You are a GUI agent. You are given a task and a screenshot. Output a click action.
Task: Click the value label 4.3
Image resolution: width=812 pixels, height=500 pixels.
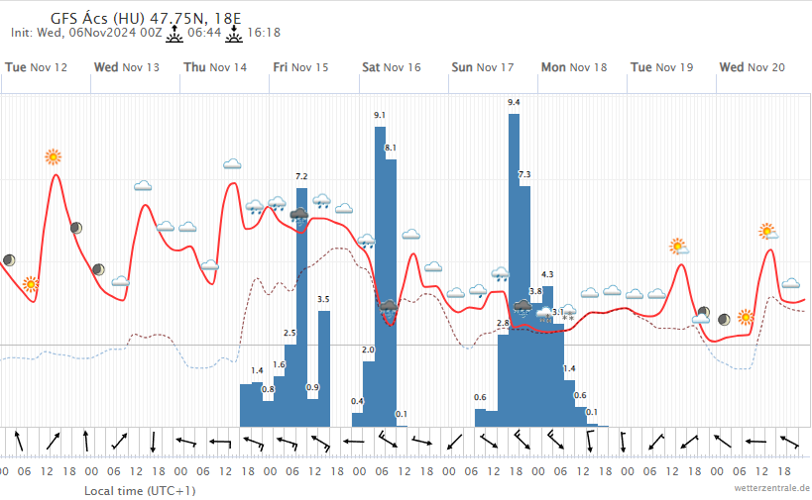(547, 274)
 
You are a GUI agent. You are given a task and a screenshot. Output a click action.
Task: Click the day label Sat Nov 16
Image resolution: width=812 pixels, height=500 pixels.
(391, 67)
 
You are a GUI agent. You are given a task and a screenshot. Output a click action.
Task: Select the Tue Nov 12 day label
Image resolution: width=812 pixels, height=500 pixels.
(37, 67)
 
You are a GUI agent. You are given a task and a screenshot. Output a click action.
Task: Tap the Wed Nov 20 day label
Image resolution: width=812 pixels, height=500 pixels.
(752, 67)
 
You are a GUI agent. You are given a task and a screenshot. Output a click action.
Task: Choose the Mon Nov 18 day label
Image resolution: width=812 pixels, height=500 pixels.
(573, 67)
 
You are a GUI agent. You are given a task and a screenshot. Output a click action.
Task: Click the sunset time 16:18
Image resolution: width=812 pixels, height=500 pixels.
(263, 33)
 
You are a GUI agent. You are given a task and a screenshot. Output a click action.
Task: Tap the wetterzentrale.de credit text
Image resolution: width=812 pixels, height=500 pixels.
(772, 488)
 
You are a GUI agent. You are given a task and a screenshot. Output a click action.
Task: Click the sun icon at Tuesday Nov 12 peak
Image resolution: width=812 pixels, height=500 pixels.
(53, 156)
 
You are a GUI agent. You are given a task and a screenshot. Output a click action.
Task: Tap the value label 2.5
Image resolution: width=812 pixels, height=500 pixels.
(290, 334)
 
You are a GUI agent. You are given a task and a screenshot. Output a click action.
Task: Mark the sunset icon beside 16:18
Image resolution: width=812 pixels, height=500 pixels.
(234, 32)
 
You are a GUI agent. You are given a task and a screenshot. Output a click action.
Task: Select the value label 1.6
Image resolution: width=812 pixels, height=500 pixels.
(279, 365)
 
